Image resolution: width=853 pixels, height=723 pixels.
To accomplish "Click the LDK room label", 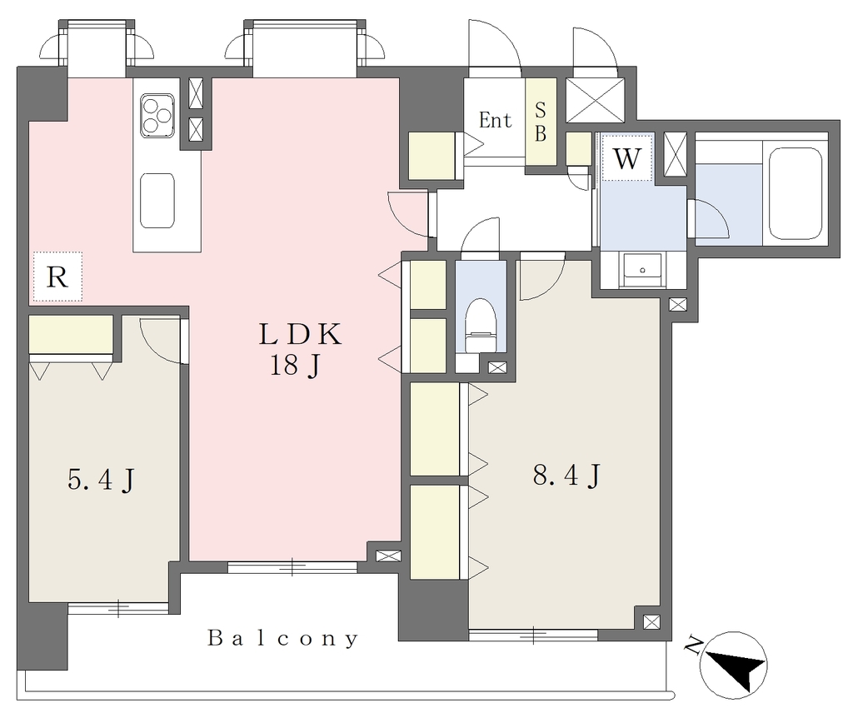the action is pos(300,334).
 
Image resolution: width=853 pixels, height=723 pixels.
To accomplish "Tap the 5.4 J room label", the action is pos(101,479).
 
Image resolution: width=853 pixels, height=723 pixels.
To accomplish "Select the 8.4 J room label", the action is pos(566,476).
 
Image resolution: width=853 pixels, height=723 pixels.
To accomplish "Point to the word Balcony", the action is pos(283,637).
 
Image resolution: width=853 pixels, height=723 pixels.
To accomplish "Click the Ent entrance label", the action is pos(495,120).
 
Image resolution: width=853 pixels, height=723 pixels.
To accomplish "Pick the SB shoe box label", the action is pos(540,122).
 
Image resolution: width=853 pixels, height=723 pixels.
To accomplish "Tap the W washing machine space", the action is pos(626,157).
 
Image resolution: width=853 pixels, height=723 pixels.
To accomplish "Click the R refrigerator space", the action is pos(57,277).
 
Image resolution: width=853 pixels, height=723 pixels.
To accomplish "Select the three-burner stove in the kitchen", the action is pos(157,115).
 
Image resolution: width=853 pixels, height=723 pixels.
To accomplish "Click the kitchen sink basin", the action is pos(157,201).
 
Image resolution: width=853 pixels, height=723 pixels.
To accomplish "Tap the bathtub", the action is pos(796,193).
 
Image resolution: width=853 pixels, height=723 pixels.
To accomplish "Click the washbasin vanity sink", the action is pos(642,270).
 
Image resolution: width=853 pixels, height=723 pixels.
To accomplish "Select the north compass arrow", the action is pos(735,666).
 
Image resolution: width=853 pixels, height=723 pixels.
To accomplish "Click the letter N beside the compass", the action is pos(692,645).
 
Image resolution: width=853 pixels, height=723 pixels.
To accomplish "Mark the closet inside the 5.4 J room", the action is pos(71,334).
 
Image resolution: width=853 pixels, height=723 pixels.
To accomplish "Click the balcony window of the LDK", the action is pos(292,567).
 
